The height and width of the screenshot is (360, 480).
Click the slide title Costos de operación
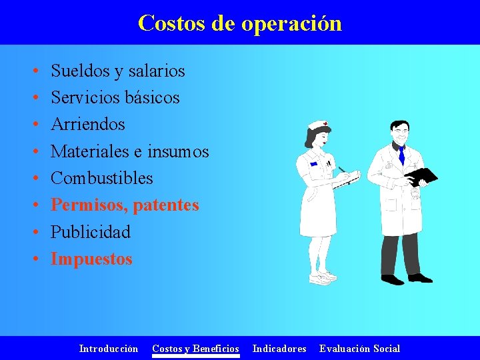[x=239, y=23]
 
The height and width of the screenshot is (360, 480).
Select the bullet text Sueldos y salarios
[x=118, y=71]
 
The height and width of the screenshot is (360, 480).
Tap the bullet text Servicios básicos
[x=115, y=97]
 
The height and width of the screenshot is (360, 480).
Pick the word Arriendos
[x=88, y=125]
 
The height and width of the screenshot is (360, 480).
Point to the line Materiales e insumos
[x=130, y=151]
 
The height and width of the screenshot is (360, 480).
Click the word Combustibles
[x=102, y=179]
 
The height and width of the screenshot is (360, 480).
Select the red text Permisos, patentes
[x=125, y=205]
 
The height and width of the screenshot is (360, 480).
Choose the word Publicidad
[x=91, y=232]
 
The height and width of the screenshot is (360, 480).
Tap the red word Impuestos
[x=92, y=259]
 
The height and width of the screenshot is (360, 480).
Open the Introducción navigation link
[x=109, y=349]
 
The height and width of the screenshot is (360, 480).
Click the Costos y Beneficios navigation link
[x=195, y=349]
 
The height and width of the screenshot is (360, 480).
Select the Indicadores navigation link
[x=279, y=349]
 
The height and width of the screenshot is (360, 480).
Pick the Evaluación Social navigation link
[x=360, y=349]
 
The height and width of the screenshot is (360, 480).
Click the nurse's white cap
[x=317, y=125]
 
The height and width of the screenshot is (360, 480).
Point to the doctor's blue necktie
[x=401, y=155]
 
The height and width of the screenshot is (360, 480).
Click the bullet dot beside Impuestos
[x=34, y=259]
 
